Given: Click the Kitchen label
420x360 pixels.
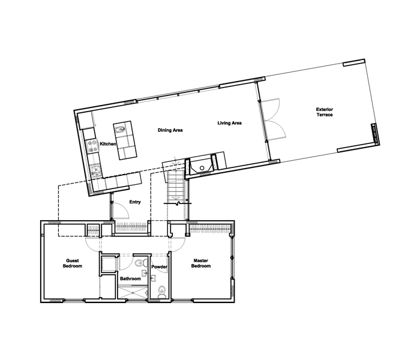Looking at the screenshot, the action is point(108,144).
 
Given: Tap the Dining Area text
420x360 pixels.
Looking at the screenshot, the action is point(170,130).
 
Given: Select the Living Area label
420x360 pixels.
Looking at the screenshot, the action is point(230,123).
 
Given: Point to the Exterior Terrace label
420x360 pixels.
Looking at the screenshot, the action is point(325,112).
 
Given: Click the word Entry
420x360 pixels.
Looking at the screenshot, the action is point(135,202).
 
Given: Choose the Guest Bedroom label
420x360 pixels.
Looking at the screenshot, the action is point(73,263).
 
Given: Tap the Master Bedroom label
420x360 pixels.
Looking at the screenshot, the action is point(201,263).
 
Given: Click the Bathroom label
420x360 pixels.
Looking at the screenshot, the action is point(130,278).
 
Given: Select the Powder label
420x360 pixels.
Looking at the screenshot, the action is point(159,267).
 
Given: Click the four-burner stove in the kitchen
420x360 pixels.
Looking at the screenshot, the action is point(92,146).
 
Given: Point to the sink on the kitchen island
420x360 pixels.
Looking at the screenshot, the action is point(120,130).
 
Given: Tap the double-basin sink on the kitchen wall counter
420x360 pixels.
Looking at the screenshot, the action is point(95,171).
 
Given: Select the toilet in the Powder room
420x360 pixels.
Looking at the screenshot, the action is point(161,292).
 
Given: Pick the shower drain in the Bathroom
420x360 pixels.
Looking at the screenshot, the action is point(133,293).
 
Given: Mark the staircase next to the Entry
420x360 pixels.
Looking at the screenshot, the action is point(176,187).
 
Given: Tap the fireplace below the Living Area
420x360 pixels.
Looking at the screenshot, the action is point(202,164).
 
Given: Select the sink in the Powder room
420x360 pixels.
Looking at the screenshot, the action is point(154,278).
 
